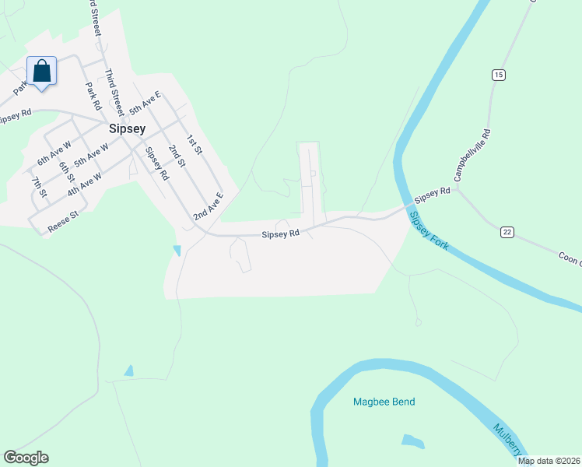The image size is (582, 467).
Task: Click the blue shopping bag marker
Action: pyautogui.click(x=42, y=72)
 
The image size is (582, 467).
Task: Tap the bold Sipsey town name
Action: pyautogui.click(x=127, y=129)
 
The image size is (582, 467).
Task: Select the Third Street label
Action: pyautogui.click(x=114, y=91)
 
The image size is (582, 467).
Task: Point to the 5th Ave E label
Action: pyautogui.click(x=145, y=104)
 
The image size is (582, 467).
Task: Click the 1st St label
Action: pyautogui.click(x=194, y=144)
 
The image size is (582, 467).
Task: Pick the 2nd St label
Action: pyautogui.click(x=177, y=156)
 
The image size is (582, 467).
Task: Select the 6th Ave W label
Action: pyautogui.click(x=54, y=152)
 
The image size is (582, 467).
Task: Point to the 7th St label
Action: pyautogui.click(x=38, y=188)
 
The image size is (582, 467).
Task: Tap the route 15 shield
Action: pyautogui.click(x=498, y=75)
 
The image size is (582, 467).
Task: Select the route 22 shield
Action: pyautogui.click(x=507, y=232)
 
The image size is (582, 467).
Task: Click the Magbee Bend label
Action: pyautogui.click(x=384, y=402)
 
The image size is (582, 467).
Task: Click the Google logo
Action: pyautogui.click(x=26, y=458)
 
